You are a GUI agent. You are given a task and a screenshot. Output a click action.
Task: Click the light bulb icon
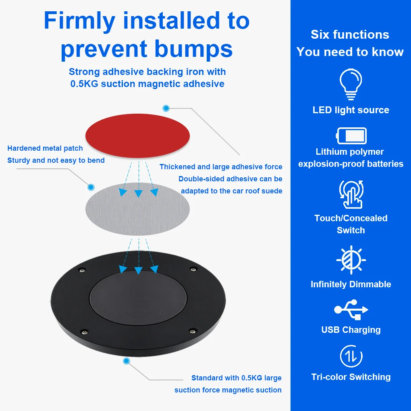tap(351, 84)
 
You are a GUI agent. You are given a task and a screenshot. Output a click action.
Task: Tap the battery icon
tap(351, 136)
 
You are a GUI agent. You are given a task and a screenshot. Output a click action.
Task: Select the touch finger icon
tap(351, 194)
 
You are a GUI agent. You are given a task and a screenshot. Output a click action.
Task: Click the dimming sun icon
tap(351, 260)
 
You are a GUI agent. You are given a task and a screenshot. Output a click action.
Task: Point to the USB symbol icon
tap(351, 309)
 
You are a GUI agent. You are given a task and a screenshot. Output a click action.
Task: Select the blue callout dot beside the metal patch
tap(91, 187)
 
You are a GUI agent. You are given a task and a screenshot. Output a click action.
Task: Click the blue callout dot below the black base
tap(127, 361)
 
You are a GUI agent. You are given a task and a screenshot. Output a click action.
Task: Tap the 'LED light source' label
tap(351, 110)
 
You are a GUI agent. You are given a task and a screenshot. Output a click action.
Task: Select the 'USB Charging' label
tap(351, 330)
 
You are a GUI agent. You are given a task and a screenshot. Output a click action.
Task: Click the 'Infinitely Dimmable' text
tap(351, 284)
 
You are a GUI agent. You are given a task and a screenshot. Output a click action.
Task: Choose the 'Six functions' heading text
tap(350, 35)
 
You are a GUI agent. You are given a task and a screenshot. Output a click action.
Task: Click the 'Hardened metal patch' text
tap(45, 148)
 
